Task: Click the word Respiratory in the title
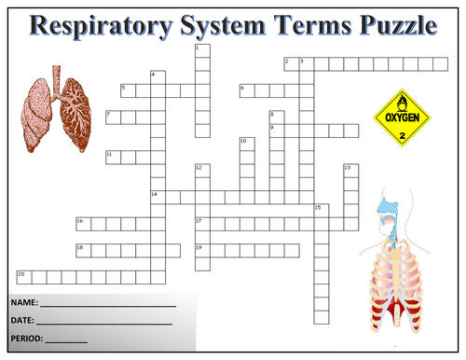(x=101, y=26)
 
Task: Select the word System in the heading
(x=223, y=26)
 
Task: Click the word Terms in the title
(x=312, y=25)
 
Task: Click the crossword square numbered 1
(x=202, y=51)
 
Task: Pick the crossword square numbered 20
(x=24, y=277)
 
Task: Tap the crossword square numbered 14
(x=158, y=198)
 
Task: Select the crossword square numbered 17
(x=202, y=224)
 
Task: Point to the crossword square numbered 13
(x=351, y=171)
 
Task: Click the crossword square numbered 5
(x=129, y=90)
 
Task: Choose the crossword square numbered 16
(x=84, y=224)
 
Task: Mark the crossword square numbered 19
(x=202, y=251)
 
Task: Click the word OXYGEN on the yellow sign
(x=402, y=118)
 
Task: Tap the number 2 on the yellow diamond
(x=403, y=136)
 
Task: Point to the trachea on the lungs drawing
(x=56, y=81)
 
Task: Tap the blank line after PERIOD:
(x=66, y=342)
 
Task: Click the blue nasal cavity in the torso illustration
(x=387, y=207)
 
